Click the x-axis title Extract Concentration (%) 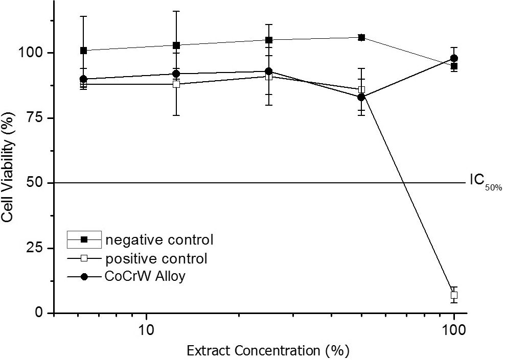click(268, 351)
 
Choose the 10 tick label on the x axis click(147, 328)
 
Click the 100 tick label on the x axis click(453, 328)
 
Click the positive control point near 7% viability click(454, 295)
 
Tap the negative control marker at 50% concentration click(361, 37)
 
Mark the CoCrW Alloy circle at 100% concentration click(454, 58)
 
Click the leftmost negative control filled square click(83, 51)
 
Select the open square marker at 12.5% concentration click(176, 84)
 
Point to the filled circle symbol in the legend click(84, 277)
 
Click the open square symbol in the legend click(84, 258)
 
